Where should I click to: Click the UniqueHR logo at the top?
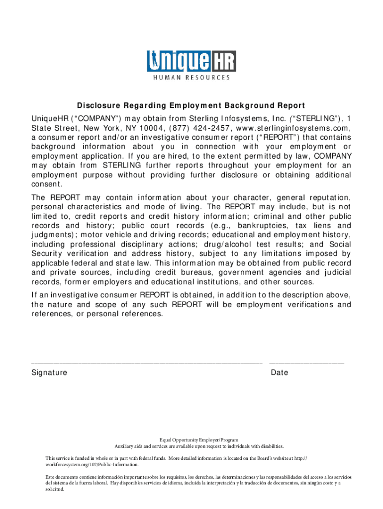pyautogui.click(x=191, y=62)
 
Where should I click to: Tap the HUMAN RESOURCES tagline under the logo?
pyautogui.click(x=191, y=78)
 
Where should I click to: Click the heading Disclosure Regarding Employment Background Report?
pyautogui.click(x=191, y=106)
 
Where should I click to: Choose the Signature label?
pyautogui.click(x=49, y=373)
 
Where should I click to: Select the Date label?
pyautogui.click(x=280, y=373)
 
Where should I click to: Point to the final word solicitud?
pyautogui.click(x=55, y=489)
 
